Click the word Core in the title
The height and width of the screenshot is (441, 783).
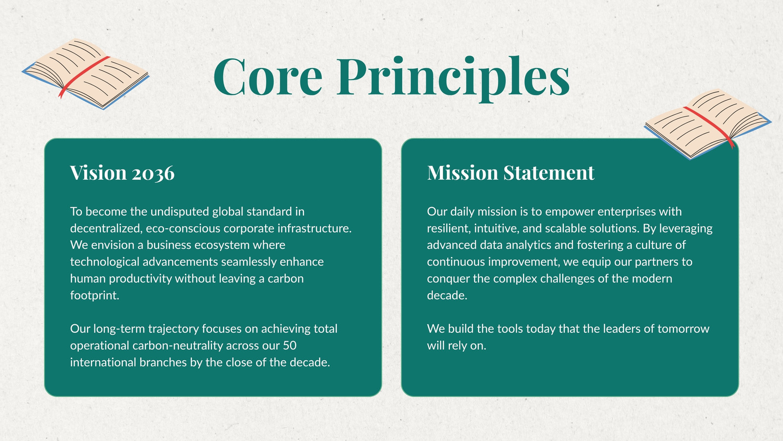coord(268,76)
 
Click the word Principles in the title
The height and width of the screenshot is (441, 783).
coord(453,79)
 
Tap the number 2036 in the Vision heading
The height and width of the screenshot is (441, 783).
coord(153,173)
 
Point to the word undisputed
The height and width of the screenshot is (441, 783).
coord(180,212)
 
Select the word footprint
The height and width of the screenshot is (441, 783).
coord(94,295)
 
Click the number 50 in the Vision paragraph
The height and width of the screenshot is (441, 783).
coord(289,346)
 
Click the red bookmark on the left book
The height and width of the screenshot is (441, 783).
coord(84,75)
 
